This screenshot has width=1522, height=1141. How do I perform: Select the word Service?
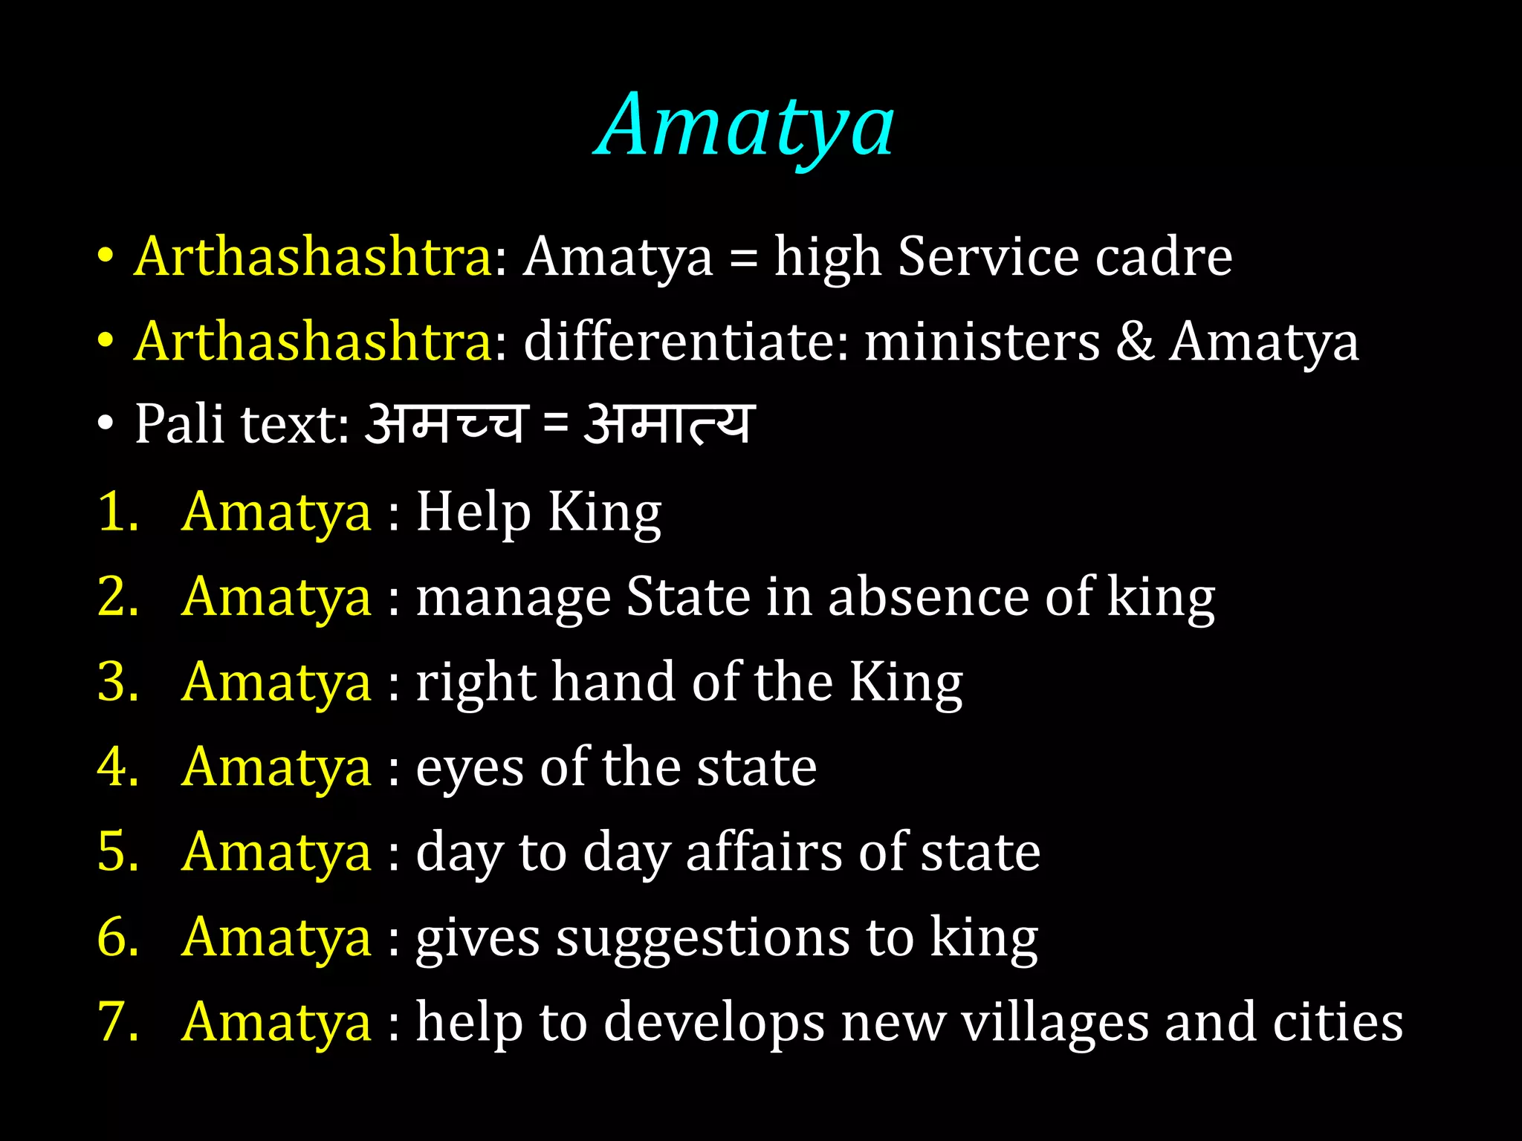[x=988, y=257]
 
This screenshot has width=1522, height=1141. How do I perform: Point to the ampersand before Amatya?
[x=1135, y=342]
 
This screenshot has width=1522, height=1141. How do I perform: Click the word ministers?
[x=982, y=342]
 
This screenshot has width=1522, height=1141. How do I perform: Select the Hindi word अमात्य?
[x=670, y=424]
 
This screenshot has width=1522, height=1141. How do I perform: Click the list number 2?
[x=117, y=596]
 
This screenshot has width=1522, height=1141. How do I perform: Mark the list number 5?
[x=117, y=852]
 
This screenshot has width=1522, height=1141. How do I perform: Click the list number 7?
[x=117, y=1023]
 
